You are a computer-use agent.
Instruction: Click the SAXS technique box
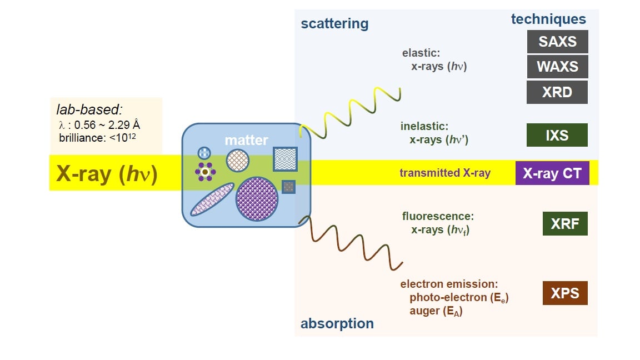[557, 42]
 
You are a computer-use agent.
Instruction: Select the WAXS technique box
[557, 67]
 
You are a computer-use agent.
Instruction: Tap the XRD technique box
[557, 92]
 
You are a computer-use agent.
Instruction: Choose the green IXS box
[557, 135]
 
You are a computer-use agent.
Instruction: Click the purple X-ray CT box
[552, 173]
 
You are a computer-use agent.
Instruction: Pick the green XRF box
[565, 224]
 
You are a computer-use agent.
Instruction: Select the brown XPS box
[565, 293]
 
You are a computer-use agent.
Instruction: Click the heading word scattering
[334, 23]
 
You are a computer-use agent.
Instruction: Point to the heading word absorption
[337, 323]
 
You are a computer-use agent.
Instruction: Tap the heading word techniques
[548, 19]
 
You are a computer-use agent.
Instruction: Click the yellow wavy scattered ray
[350, 111]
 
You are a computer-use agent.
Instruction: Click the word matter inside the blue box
[246, 141]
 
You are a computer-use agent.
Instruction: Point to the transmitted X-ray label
[445, 173]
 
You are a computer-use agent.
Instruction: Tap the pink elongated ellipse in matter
[212, 199]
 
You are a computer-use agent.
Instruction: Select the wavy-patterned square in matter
[285, 159]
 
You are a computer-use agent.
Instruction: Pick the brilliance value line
[97, 136]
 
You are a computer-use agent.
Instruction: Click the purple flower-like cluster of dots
[205, 172]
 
